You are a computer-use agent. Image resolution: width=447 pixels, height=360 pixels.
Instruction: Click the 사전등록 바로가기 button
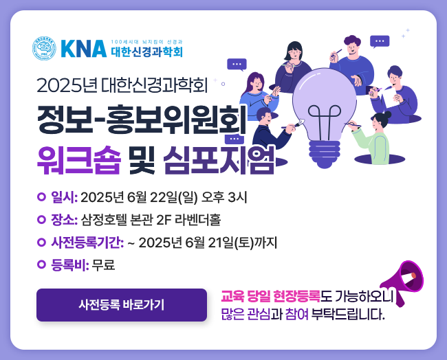[122, 305]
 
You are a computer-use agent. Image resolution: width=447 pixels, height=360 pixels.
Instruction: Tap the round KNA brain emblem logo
[44, 48]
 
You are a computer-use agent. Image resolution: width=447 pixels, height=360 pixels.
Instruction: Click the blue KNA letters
[84, 49]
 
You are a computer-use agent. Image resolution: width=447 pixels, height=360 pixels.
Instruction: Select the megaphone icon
[402, 282]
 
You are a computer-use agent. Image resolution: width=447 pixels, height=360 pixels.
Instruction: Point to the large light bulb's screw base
[325, 154]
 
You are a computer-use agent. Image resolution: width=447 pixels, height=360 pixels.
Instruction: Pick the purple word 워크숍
[79, 159]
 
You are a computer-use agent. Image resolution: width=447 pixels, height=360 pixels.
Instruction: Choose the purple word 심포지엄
[219, 159]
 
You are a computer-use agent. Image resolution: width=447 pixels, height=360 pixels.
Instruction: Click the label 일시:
[64, 197]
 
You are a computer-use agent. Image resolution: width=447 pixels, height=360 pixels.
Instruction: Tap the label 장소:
[64, 220]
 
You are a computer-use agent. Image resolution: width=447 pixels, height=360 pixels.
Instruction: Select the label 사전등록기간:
[87, 243]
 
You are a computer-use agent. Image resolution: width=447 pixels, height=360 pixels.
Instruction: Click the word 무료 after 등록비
[103, 265]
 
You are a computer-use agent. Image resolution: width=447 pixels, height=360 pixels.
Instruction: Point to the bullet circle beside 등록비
[42, 265]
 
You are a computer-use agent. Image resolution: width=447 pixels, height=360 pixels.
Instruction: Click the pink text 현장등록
[297, 296]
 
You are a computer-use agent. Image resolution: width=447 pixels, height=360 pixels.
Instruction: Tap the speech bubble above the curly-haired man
[380, 42]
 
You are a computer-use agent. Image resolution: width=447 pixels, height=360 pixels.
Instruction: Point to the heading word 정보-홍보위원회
[142, 120]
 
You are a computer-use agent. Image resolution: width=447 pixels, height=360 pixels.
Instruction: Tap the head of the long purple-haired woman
[255, 82]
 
